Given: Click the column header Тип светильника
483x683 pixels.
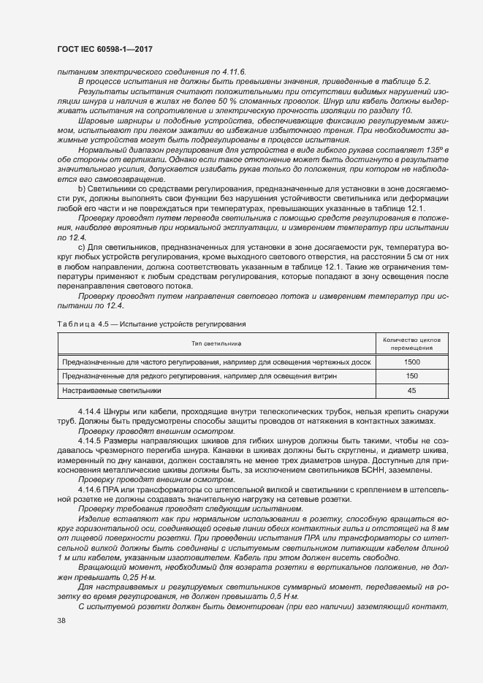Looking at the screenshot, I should point(216,343).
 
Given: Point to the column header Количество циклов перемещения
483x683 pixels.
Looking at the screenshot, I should point(411,343).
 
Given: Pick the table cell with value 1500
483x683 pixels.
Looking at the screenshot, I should point(411,362).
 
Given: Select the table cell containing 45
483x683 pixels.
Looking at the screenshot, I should point(411,391).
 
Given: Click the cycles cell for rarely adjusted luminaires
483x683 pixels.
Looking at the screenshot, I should point(411,376).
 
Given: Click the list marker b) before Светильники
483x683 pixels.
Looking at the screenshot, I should point(82,189).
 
